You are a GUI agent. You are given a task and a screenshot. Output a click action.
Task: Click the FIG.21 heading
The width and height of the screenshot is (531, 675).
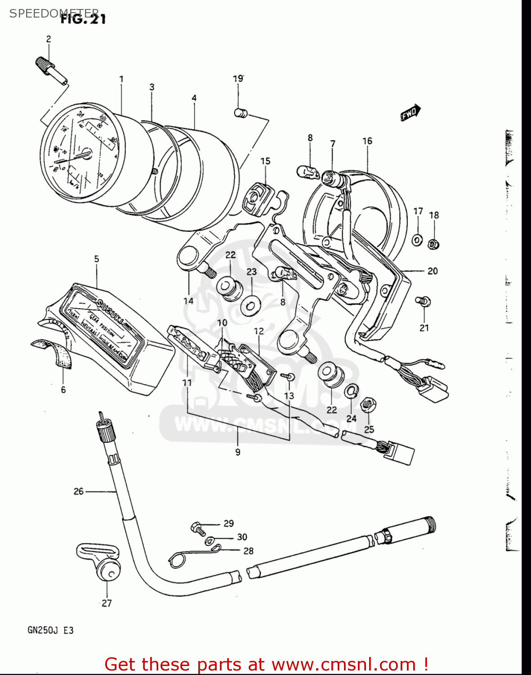(x=83, y=19)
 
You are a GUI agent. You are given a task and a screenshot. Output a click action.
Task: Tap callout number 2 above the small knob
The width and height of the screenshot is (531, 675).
(x=49, y=39)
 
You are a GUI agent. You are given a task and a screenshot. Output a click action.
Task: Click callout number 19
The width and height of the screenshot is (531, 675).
(x=238, y=79)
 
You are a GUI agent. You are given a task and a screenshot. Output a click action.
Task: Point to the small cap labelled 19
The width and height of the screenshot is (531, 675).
(x=241, y=112)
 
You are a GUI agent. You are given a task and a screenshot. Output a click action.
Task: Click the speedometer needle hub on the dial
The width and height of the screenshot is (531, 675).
(x=87, y=154)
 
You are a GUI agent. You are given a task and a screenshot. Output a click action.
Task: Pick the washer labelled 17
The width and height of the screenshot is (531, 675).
(x=417, y=240)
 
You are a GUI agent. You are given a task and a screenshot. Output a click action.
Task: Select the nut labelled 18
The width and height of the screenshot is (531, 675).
(x=433, y=244)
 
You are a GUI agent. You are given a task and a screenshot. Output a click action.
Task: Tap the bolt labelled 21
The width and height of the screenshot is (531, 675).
(x=423, y=301)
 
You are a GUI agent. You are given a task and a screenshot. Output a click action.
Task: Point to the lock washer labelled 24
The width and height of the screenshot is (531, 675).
(x=352, y=391)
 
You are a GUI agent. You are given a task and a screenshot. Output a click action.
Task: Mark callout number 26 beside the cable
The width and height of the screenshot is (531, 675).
(x=79, y=491)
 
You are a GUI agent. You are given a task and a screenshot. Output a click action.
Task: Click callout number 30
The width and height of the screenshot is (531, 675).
(x=242, y=537)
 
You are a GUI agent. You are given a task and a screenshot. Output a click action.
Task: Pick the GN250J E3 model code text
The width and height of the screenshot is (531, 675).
(x=50, y=630)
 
